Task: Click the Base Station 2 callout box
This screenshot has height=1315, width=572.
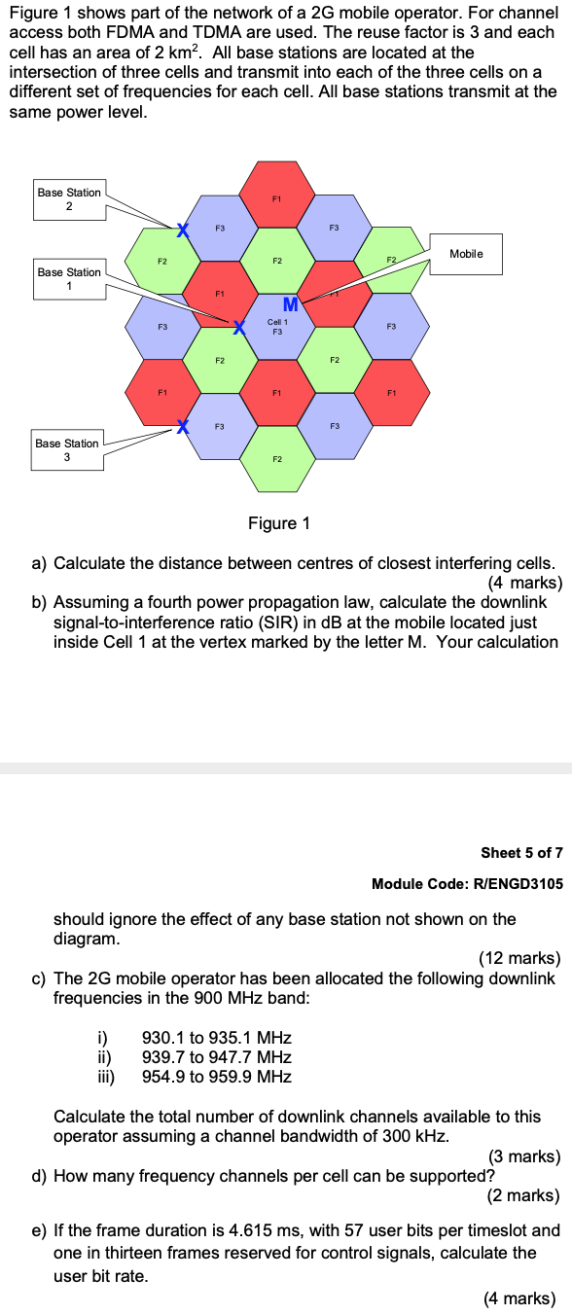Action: pyautogui.click(x=69, y=199)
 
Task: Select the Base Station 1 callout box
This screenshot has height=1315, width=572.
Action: pyautogui.click(x=69, y=279)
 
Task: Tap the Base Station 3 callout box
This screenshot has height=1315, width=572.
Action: pyautogui.click(x=67, y=450)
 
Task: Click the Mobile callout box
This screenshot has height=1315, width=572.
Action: pyautogui.click(x=466, y=254)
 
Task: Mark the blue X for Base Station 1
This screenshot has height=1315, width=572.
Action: pyautogui.click(x=236, y=326)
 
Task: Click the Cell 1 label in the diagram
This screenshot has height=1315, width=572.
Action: pyautogui.click(x=277, y=322)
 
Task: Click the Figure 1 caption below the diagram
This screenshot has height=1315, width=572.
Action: pyautogui.click(x=279, y=524)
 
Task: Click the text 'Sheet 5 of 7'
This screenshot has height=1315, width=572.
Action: pyautogui.click(x=521, y=853)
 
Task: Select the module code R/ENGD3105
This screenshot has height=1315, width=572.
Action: pyautogui.click(x=467, y=883)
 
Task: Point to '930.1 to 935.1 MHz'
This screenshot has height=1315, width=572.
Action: pyautogui.click(x=217, y=1039)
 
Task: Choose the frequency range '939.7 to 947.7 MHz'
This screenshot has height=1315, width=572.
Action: pyautogui.click(x=217, y=1057)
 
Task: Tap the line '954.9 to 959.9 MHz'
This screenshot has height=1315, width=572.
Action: pyautogui.click(x=217, y=1076)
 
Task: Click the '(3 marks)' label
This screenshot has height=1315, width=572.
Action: pyautogui.click(x=523, y=1156)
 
